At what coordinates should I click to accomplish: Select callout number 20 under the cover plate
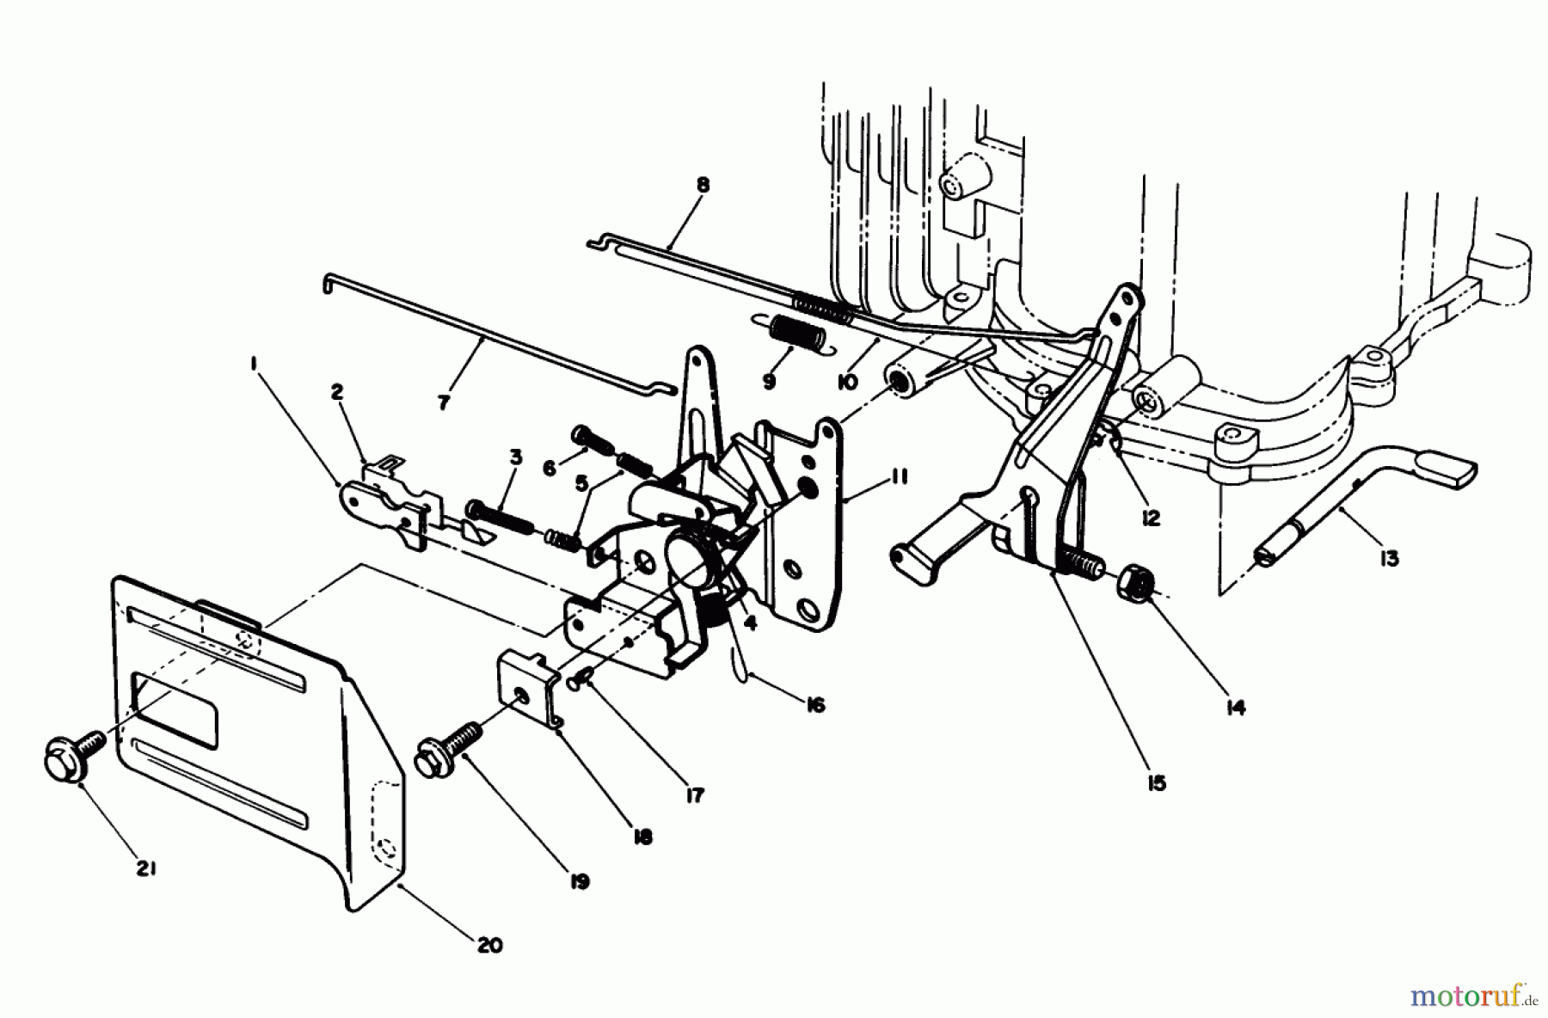pos(489,945)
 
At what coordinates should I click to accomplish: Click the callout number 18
pos(642,835)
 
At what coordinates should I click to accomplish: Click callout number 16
pos(815,705)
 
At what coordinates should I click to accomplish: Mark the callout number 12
pos(1151,518)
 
